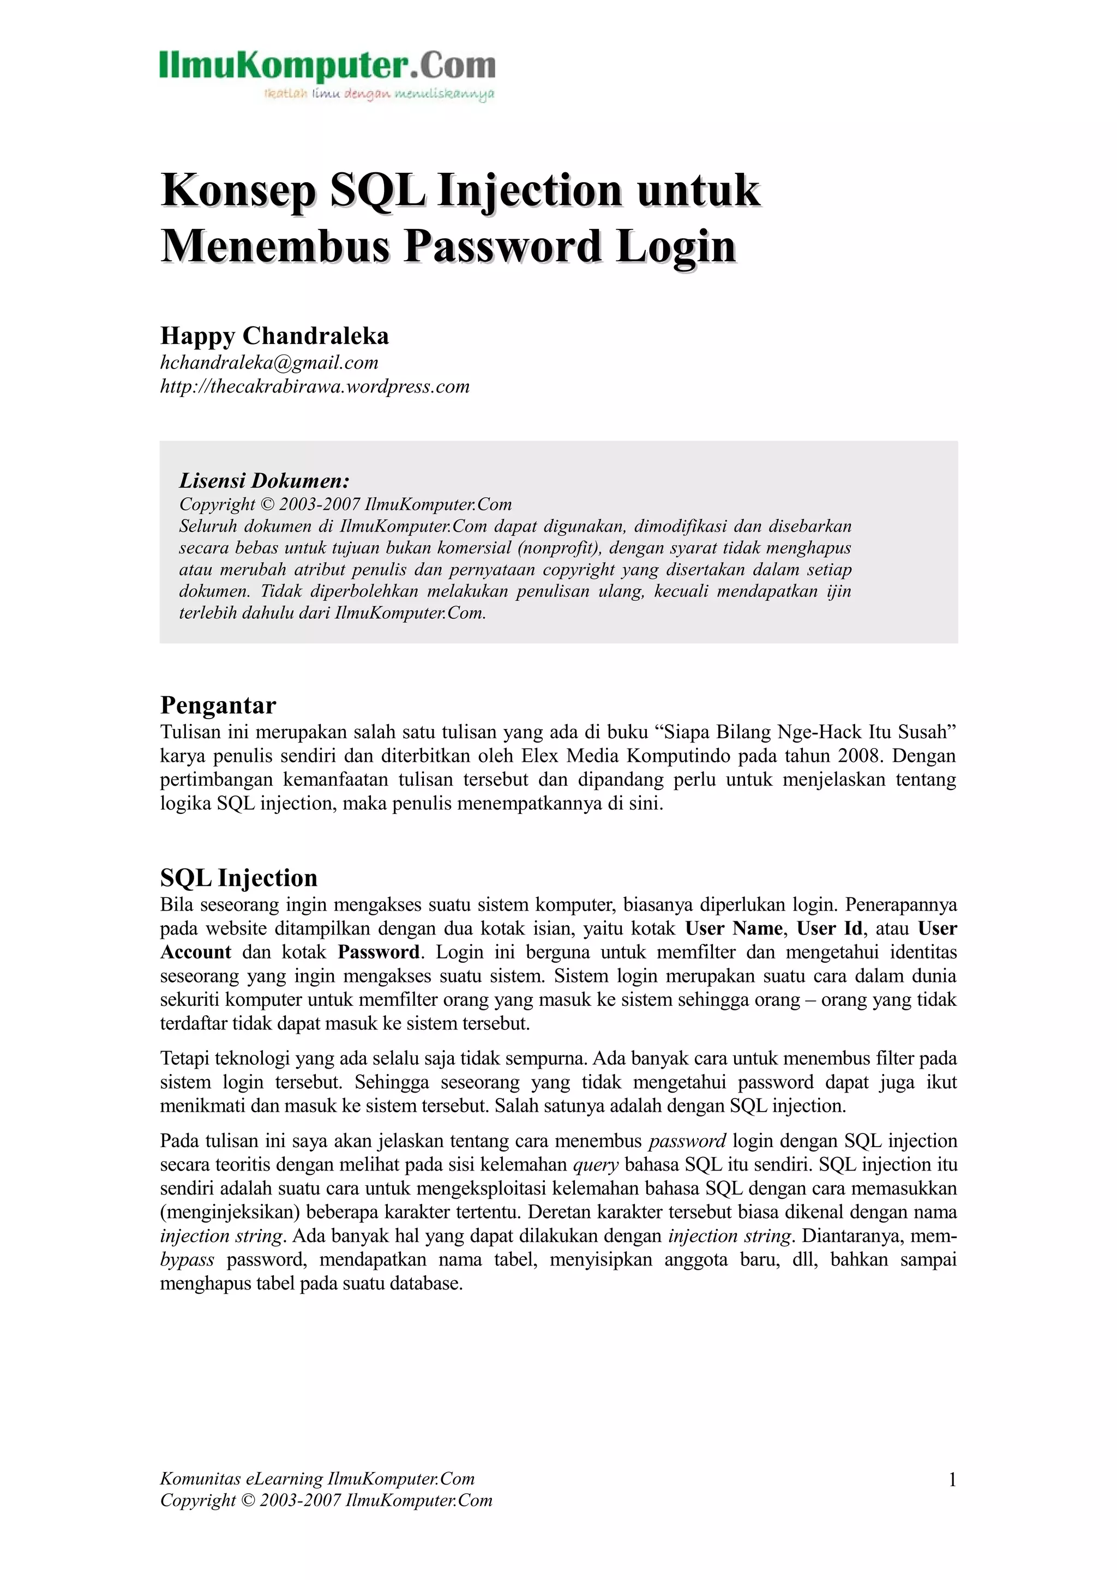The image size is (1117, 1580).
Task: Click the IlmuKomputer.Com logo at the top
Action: point(327,66)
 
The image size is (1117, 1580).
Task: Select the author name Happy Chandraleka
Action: point(274,336)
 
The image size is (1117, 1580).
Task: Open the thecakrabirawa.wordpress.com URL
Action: point(315,386)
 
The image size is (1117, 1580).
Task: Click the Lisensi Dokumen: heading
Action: point(265,480)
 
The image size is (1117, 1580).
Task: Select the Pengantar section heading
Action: point(218,705)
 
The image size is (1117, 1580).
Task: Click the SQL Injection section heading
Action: point(239,878)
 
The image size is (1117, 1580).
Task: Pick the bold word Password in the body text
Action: point(379,952)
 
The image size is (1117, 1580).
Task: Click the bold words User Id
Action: point(830,928)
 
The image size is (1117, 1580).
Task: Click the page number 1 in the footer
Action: point(952,1480)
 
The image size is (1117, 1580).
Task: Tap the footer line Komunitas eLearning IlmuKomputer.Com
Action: point(317,1479)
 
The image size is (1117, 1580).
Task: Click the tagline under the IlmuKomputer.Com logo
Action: point(379,94)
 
